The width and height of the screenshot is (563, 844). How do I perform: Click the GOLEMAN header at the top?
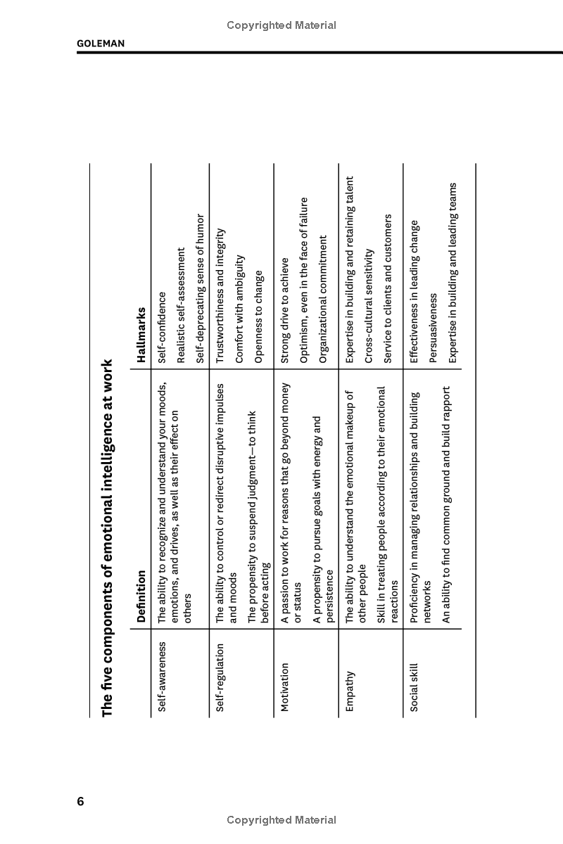pyautogui.click(x=101, y=44)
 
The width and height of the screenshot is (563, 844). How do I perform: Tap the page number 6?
pyautogui.click(x=81, y=802)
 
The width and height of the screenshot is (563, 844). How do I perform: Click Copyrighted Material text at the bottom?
pyautogui.click(x=281, y=820)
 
